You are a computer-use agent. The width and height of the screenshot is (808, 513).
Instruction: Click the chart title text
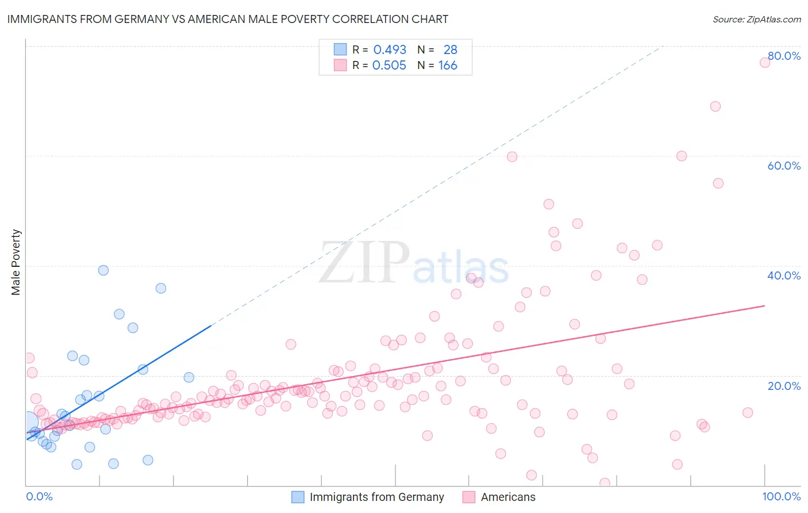[x=228, y=19]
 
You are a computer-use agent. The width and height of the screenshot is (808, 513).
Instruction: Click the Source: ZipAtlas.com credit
[x=756, y=20]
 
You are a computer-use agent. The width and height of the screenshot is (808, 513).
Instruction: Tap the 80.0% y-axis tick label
[x=784, y=56]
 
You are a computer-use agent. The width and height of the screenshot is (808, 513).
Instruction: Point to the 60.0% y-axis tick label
[x=784, y=166]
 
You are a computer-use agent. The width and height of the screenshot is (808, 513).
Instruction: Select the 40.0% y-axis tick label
[x=784, y=275]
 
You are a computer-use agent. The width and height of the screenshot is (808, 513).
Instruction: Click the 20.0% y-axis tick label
[x=784, y=386]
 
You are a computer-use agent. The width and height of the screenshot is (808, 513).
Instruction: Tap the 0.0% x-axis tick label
[x=39, y=496]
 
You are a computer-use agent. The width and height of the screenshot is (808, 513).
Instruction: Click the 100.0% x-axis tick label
[x=781, y=496]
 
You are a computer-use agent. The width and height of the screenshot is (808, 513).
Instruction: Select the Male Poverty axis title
[x=16, y=262]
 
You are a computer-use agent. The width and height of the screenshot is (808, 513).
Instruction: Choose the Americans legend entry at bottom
[x=507, y=497]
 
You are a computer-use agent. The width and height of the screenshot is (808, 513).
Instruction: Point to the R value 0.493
[x=390, y=50]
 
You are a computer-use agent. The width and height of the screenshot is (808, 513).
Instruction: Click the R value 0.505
[x=389, y=66]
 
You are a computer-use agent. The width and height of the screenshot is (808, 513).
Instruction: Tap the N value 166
[x=448, y=66]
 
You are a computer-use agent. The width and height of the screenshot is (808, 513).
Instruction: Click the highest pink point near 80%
[x=765, y=62]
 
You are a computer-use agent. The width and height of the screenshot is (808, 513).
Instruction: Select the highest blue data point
[x=103, y=270]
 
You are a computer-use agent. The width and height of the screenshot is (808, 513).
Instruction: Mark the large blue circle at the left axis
[x=28, y=422]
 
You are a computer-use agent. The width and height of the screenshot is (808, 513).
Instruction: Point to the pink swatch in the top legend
[x=340, y=65]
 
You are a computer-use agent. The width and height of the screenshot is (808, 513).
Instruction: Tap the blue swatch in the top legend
[x=340, y=49]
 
